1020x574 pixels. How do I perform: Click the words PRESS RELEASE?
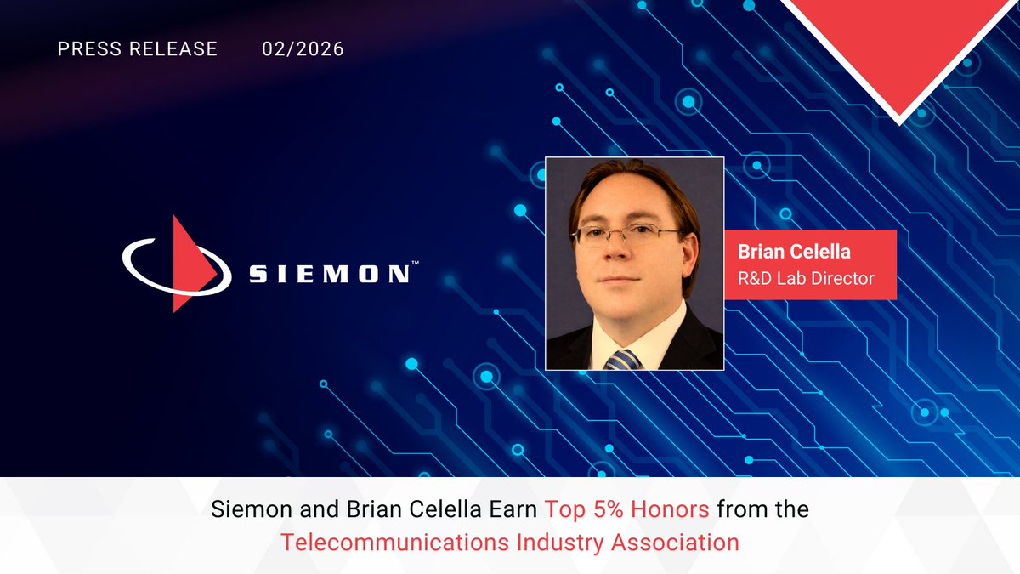[137, 49]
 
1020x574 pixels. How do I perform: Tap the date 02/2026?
[303, 49]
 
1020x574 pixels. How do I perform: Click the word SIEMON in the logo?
[326, 275]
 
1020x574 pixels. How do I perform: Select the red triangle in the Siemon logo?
[188, 264]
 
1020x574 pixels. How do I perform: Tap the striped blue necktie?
[624, 360]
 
